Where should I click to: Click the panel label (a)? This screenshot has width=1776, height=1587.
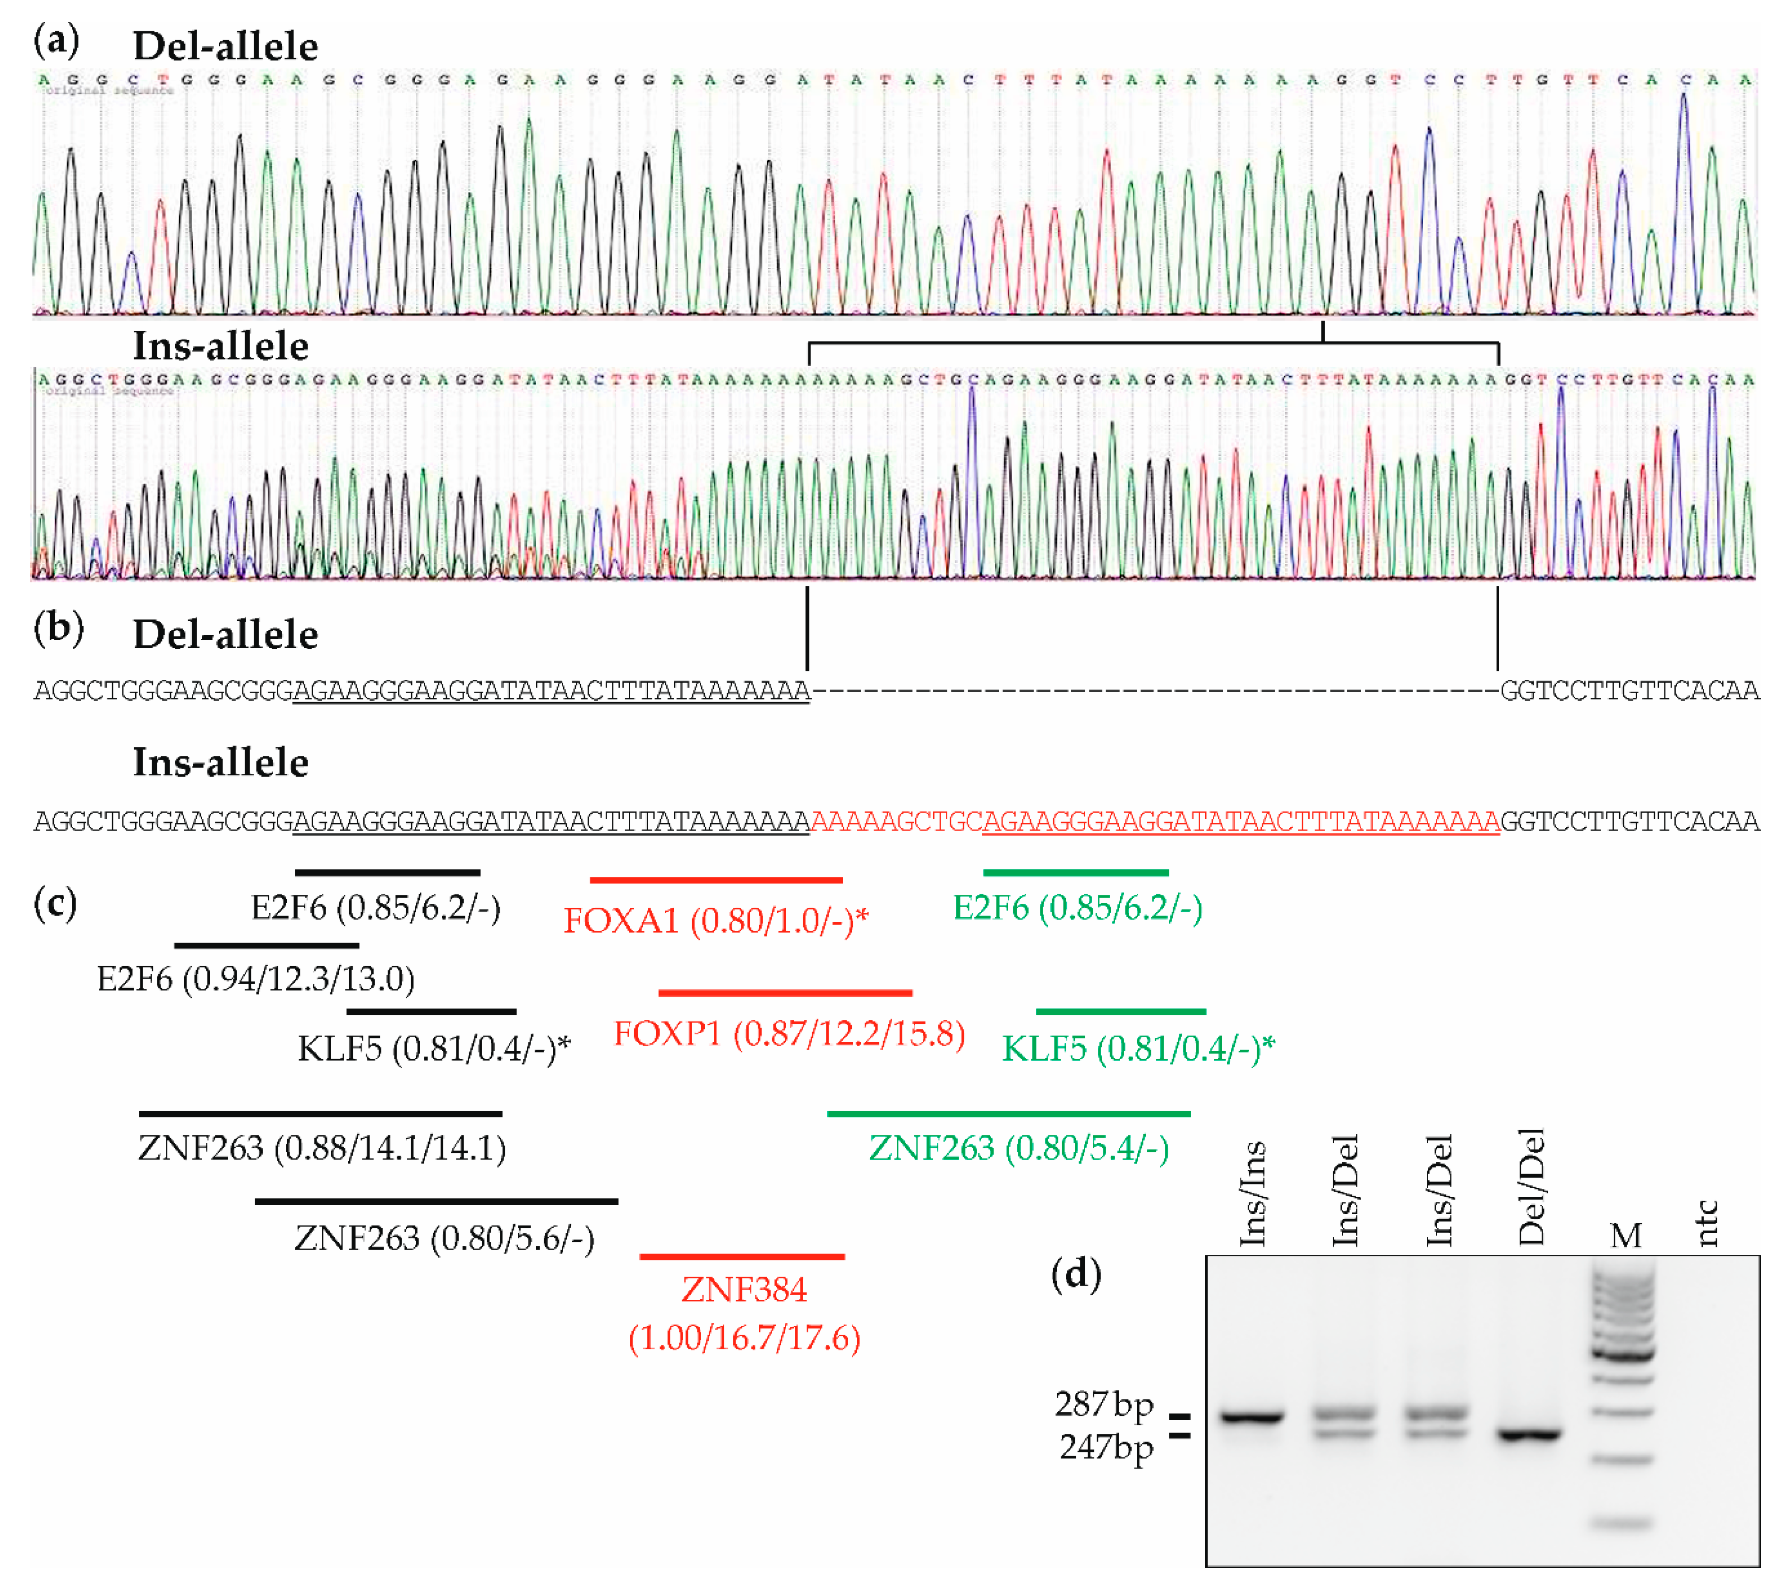(x=56, y=40)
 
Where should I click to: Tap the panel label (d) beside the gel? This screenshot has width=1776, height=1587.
(x=1076, y=1274)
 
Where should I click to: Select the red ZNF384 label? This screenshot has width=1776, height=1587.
(x=744, y=1290)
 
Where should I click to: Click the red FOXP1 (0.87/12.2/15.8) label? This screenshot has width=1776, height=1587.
(x=789, y=1034)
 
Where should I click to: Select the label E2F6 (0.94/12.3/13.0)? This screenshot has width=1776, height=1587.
(x=256, y=979)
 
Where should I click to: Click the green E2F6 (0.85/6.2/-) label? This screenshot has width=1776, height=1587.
(x=1078, y=908)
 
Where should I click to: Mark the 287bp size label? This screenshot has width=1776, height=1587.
(x=1104, y=1404)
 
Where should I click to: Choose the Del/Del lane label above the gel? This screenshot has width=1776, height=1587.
(x=1530, y=1188)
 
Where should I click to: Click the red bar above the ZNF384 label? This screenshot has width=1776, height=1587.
(x=742, y=1257)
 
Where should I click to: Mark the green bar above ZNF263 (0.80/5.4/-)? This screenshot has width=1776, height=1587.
(x=1009, y=1114)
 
